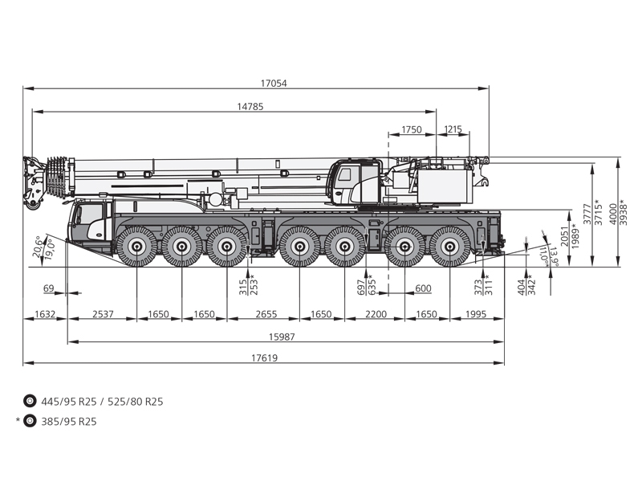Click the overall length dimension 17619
point(264,357)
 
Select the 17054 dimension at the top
point(274,84)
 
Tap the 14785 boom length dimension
point(250,107)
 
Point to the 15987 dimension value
point(282,337)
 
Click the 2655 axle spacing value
point(266,314)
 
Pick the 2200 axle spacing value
point(376,314)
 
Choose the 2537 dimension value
point(103,314)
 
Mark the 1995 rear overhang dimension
point(476,314)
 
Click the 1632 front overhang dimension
point(45,314)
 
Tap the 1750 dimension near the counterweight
point(412,130)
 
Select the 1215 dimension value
point(453,130)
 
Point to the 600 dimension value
point(423,288)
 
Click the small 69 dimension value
point(49,288)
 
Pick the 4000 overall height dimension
point(613,214)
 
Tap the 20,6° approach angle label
point(38,247)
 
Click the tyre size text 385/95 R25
point(69,422)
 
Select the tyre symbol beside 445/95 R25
point(30,401)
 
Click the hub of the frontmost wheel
point(136,247)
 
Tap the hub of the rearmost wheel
point(450,247)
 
